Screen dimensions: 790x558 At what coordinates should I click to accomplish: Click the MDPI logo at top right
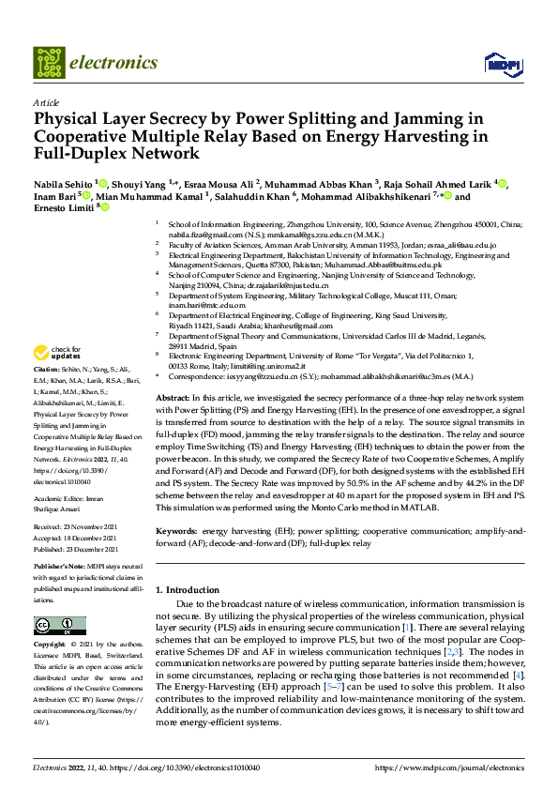tap(500, 64)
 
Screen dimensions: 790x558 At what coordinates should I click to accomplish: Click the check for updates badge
tap(56, 354)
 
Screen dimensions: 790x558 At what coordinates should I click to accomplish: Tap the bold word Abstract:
tap(174, 399)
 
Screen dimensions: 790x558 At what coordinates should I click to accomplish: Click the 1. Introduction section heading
tap(187, 589)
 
